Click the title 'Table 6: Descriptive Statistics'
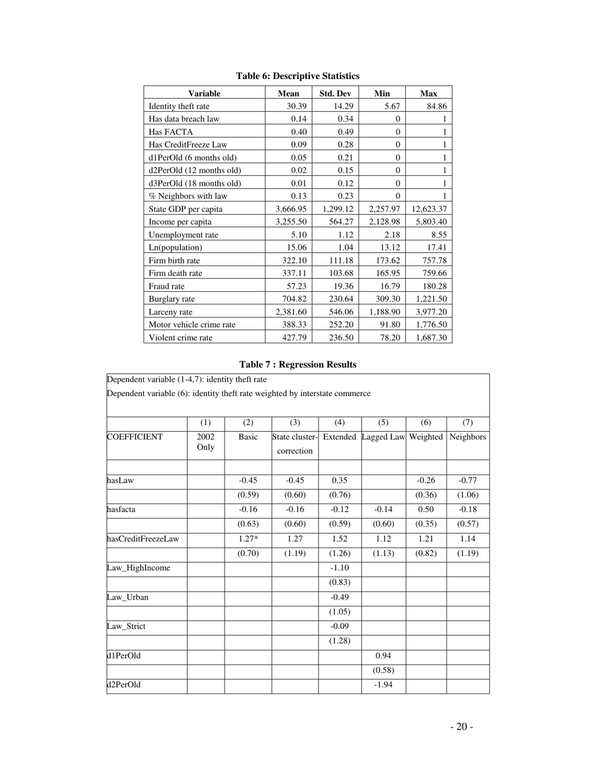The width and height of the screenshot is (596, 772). pos(297,76)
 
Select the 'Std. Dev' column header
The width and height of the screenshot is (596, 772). pos(335,94)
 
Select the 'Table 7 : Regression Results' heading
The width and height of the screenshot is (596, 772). pos(297,365)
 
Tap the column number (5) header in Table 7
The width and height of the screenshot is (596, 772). pos(383,422)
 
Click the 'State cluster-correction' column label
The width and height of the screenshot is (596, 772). pos(295,444)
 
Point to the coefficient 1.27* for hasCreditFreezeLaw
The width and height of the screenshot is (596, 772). pos(248,539)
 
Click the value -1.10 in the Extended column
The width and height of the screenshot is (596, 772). pos(339,568)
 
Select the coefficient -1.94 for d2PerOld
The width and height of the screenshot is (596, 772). pos(383,685)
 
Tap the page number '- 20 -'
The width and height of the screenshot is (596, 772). pos(461,727)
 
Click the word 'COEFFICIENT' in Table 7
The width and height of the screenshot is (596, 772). pos(135,437)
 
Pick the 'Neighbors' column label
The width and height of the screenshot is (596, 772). pos(467,437)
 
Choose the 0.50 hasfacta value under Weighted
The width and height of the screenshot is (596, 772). pos(426,510)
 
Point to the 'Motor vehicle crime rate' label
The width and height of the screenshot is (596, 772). pos(192,324)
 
